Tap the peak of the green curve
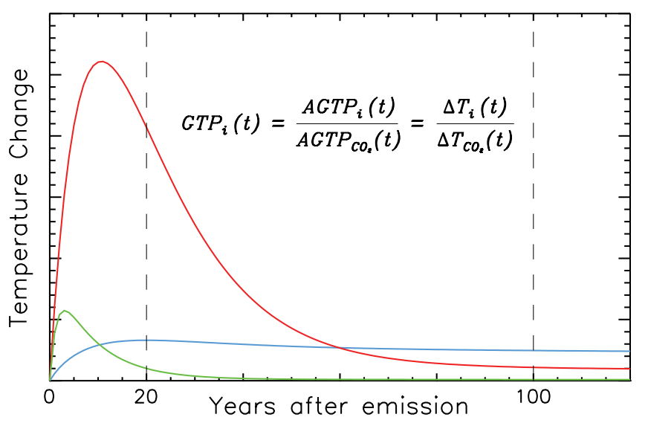click(x=65, y=311)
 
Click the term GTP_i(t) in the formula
click(x=221, y=123)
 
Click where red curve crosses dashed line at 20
click(x=146, y=128)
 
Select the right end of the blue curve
click(x=629, y=351)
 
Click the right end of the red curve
click(x=629, y=369)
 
